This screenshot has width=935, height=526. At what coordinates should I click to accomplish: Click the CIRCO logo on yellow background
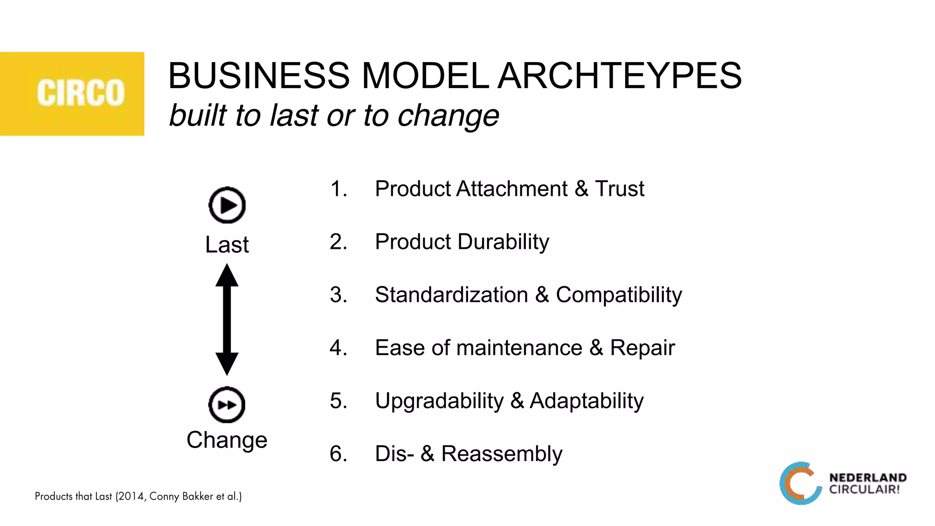(80, 93)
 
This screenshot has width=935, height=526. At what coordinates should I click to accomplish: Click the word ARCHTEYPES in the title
(620, 76)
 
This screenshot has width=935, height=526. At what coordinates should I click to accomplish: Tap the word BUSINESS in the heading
(259, 76)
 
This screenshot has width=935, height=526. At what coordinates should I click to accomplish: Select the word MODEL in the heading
(425, 76)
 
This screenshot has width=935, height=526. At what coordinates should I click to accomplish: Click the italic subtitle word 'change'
(448, 116)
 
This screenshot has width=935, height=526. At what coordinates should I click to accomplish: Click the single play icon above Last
(227, 205)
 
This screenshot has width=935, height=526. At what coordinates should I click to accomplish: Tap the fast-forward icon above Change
(227, 405)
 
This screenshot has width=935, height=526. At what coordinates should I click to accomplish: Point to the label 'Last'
(227, 244)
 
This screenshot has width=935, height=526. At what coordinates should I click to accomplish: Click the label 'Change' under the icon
(227, 440)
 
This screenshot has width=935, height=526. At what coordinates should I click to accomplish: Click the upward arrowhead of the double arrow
(227, 275)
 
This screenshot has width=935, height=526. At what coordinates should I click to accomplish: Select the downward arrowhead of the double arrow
(227, 364)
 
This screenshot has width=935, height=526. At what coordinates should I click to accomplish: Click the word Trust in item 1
(620, 189)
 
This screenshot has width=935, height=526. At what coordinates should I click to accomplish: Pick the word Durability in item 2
(504, 242)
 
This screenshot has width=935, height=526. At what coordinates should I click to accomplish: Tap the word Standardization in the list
(451, 295)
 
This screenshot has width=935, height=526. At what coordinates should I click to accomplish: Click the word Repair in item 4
(642, 348)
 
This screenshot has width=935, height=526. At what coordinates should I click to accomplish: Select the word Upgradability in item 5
(439, 401)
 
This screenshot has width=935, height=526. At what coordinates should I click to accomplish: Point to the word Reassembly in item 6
(502, 454)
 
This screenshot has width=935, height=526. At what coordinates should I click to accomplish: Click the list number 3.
(338, 295)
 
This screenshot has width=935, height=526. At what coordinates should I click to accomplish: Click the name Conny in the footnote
(164, 496)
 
